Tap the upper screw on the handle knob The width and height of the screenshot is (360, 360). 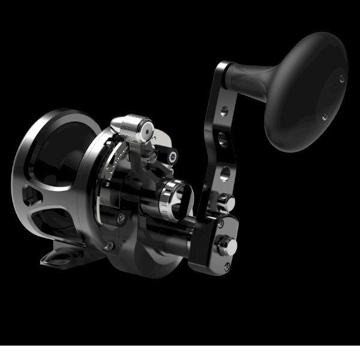pyautogui.click(x=342, y=78)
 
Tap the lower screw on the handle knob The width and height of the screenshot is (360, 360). pyautogui.click(x=325, y=117)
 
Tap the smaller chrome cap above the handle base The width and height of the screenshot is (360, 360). pyautogui.click(x=226, y=200)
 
